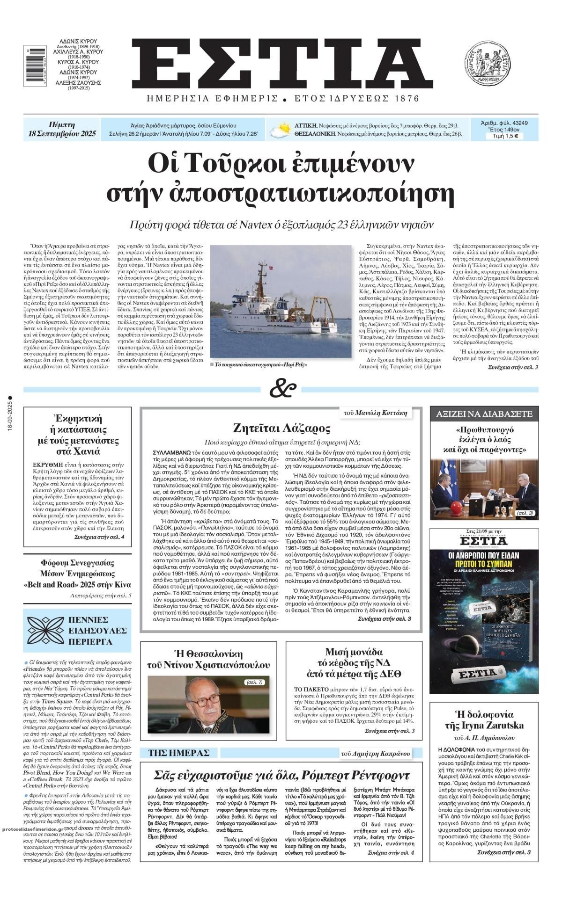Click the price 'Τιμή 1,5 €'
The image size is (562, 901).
pyautogui.click(x=504, y=137)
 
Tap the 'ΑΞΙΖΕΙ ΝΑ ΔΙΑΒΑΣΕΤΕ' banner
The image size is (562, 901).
pyautogui.click(x=484, y=414)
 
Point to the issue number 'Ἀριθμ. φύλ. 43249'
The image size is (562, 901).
pyautogui.click(x=504, y=123)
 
